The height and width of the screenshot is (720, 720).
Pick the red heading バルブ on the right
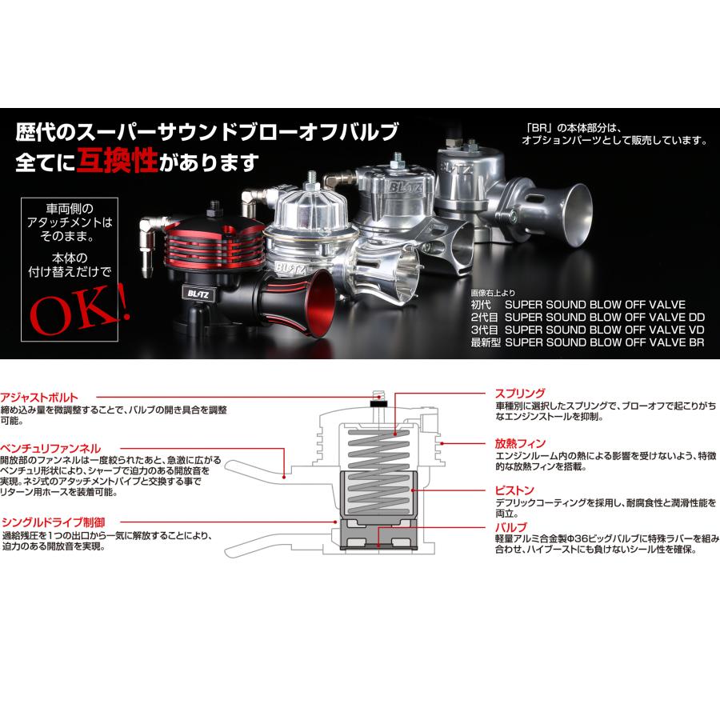click(510, 527)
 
